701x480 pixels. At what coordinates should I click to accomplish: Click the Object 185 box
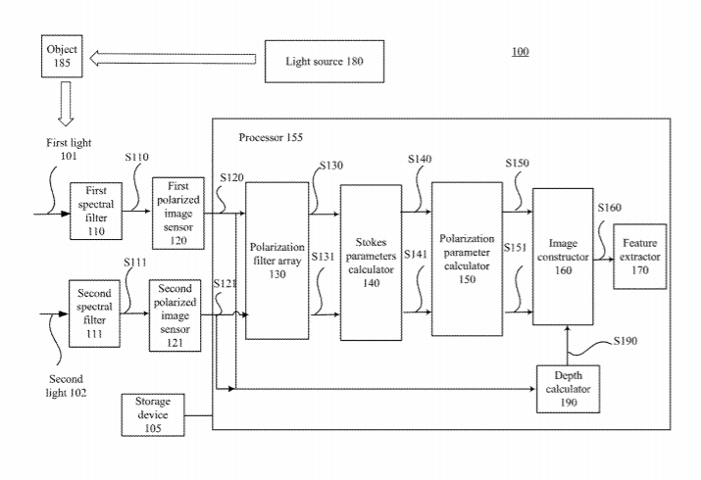(x=60, y=55)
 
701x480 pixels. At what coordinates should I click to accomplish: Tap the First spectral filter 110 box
(x=95, y=210)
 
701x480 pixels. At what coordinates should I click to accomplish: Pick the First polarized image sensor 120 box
(x=177, y=212)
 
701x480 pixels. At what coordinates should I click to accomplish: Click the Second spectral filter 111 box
(x=93, y=312)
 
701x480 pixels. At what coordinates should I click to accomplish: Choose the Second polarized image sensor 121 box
(x=175, y=311)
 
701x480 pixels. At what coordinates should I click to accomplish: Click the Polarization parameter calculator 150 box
(x=467, y=258)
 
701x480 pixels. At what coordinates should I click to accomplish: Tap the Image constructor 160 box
(x=562, y=256)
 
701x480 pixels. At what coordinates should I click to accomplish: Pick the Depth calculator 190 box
(x=569, y=387)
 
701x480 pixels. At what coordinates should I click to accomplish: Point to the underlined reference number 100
(x=520, y=51)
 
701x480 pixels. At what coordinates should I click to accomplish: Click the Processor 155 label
(x=271, y=137)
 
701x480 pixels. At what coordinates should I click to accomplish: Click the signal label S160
(x=610, y=207)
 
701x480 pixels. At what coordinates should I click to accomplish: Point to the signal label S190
(x=625, y=340)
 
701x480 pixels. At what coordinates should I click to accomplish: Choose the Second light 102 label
(x=66, y=385)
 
